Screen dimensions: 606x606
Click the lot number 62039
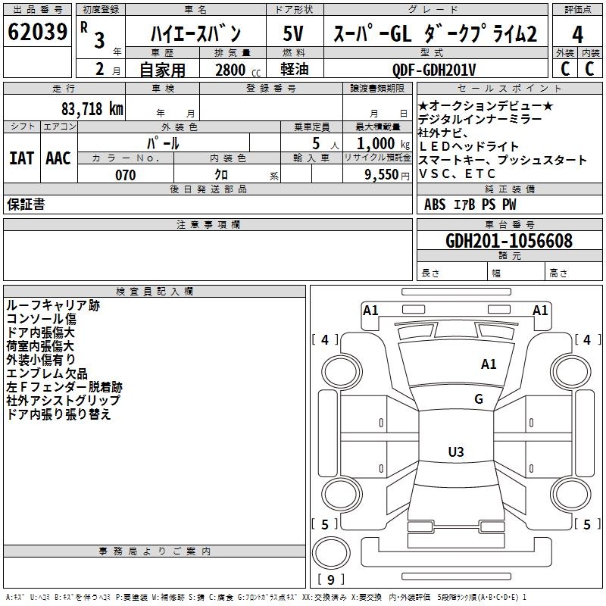pos(38,33)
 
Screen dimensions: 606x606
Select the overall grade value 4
pos(578,35)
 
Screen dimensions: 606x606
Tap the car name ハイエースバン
pos(195,33)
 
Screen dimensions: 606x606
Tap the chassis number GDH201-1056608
pos(509,241)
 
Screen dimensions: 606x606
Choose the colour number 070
pos(126,175)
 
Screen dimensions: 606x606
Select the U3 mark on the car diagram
pos(456,452)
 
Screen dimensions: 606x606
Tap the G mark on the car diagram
pos(479,399)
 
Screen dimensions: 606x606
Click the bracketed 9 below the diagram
pos(331,580)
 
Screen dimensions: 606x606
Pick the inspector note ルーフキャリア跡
pos(52,305)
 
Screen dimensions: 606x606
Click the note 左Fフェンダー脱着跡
pos(64,386)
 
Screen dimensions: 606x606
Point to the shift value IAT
pos(20,158)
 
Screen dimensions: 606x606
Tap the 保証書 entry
pos(26,204)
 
